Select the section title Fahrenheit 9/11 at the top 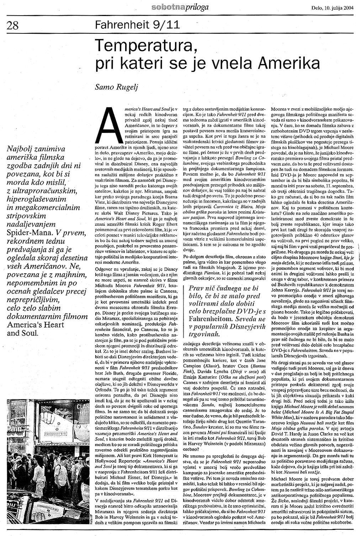pos(138,25)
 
